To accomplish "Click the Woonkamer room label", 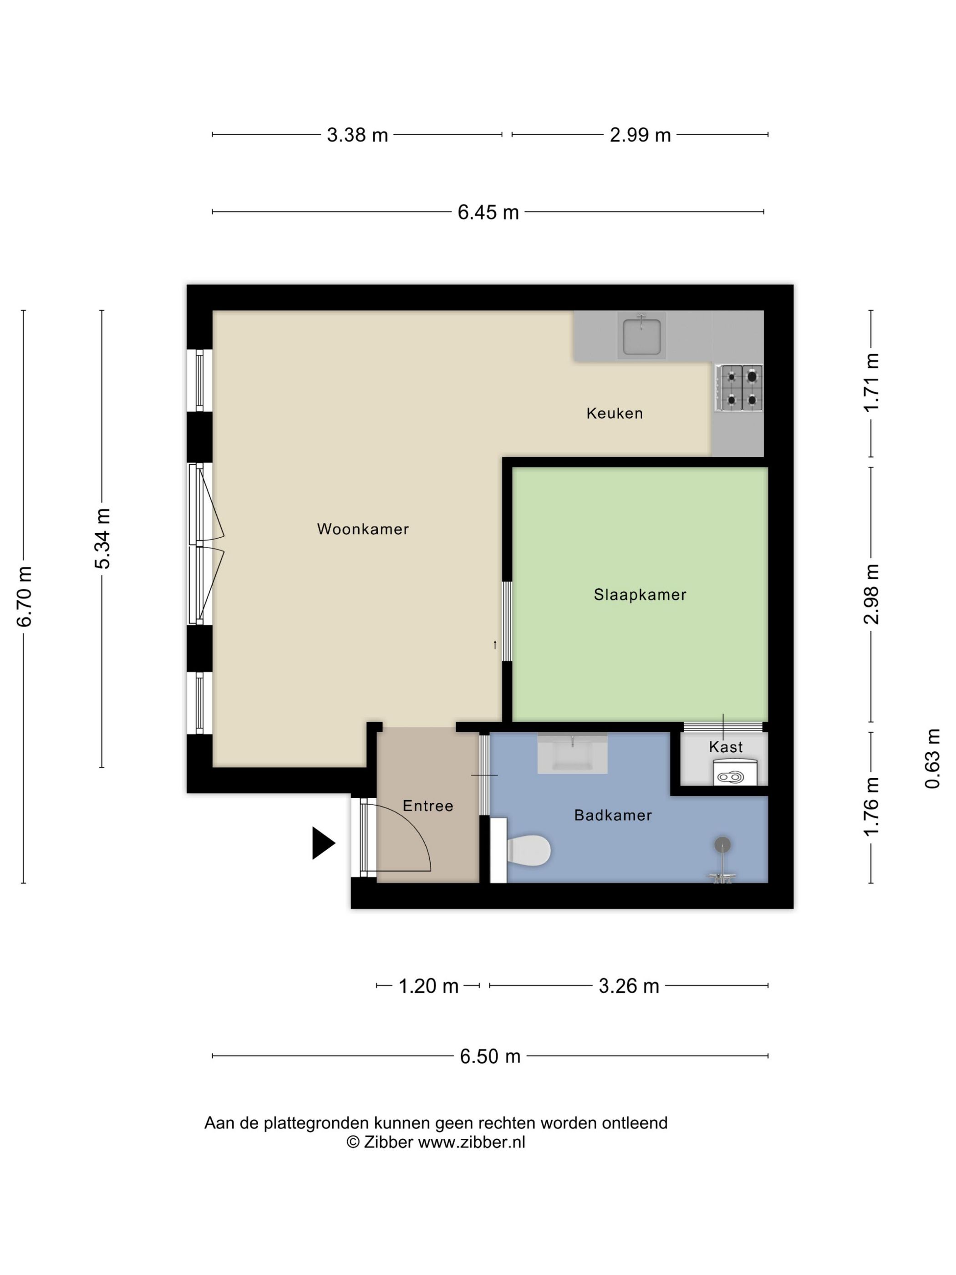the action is (362, 529).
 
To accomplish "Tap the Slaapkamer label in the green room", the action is (640, 595).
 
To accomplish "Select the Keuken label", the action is (614, 413).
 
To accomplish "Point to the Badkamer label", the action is (613, 815).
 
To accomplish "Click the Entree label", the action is (427, 806).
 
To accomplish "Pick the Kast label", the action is (726, 747).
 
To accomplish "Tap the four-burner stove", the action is (739, 388).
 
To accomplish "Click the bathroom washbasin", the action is (572, 753).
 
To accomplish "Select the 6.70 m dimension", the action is (24, 597).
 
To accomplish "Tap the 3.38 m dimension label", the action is (357, 135).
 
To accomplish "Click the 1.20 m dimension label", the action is (428, 986).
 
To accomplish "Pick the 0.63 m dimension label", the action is (932, 759).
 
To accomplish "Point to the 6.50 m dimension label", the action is (490, 1056).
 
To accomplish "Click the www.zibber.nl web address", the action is (471, 1142).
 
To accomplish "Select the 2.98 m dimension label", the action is (871, 594).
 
